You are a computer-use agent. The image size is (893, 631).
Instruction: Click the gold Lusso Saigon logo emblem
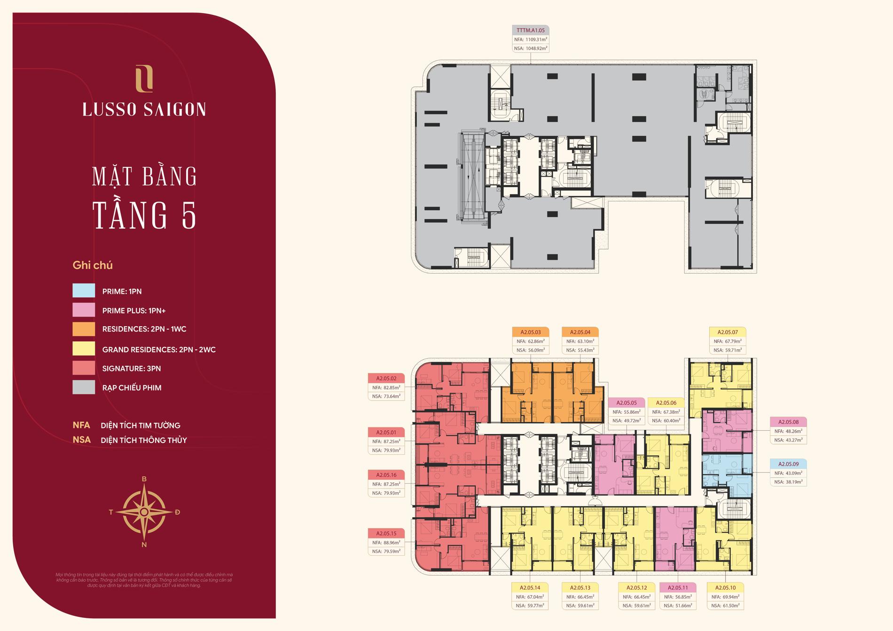pyautogui.click(x=144, y=79)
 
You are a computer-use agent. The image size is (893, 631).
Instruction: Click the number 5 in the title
pyautogui.click(x=188, y=215)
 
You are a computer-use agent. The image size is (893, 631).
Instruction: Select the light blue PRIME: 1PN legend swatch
pyautogui.click(x=84, y=291)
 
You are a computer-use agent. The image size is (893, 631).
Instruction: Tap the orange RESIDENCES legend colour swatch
pyautogui.click(x=84, y=329)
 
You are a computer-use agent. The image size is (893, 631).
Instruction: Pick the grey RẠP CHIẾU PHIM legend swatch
pyautogui.click(x=84, y=387)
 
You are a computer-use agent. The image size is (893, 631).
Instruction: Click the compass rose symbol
pyautogui.click(x=144, y=512)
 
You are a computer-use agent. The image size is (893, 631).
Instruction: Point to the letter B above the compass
pyautogui.click(x=144, y=479)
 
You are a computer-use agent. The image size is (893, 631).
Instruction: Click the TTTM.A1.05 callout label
pyautogui.click(x=531, y=30)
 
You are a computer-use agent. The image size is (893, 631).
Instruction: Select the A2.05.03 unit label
pyautogui.click(x=531, y=332)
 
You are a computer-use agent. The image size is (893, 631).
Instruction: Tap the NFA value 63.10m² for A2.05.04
pyautogui.click(x=581, y=341)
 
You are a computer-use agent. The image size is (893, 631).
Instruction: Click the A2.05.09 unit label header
pyautogui.click(x=788, y=464)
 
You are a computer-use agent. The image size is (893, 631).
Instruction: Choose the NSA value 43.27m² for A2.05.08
pyautogui.click(x=789, y=440)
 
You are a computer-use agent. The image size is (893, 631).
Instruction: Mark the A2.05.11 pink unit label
pyautogui.click(x=678, y=588)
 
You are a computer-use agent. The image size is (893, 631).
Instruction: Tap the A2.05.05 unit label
pyautogui.click(x=627, y=403)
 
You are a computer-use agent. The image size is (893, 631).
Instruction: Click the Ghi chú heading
pyautogui.click(x=93, y=265)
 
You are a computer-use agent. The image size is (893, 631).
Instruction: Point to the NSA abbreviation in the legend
pyautogui.click(x=81, y=440)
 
